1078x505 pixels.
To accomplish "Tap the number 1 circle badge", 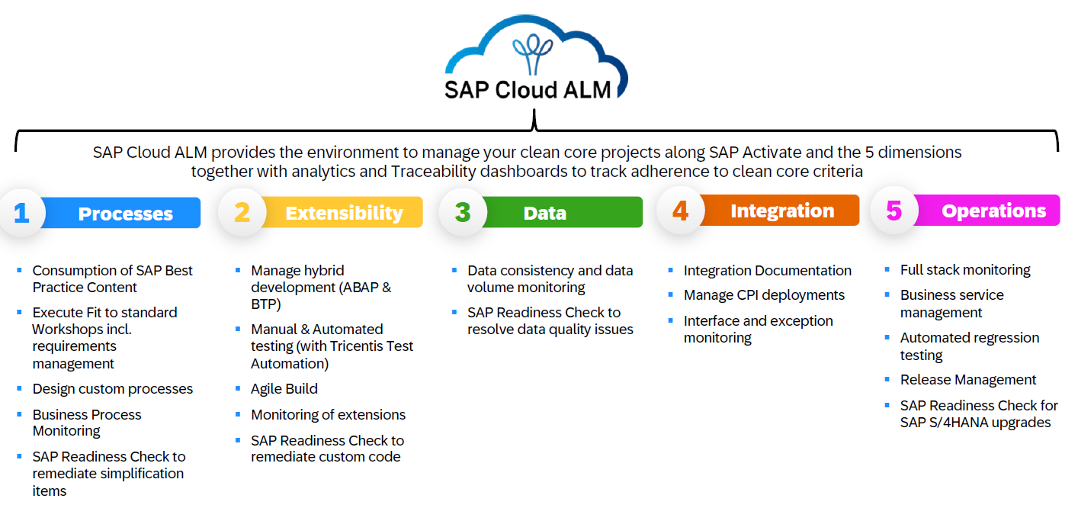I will click(22, 213).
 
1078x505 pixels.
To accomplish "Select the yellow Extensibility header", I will click(344, 213).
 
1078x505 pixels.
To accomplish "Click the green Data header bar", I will click(544, 213).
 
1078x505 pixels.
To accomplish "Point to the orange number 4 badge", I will click(680, 211).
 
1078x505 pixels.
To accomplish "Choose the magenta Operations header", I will click(993, 211).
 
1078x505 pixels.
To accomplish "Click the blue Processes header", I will click(126, 214).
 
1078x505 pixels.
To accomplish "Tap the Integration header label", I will click(782, 211).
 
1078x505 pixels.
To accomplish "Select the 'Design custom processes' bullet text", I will click(113, 389).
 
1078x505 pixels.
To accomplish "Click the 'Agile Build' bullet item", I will click(284, 389).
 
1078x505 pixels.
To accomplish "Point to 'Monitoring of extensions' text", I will click(328, 415).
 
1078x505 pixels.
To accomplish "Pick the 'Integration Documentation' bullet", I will click(767, 271).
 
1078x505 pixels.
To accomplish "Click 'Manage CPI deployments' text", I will click(764, 295).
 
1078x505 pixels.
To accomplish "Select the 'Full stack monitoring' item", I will click(965, 270).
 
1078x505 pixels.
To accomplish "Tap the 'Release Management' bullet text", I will click(968, 380).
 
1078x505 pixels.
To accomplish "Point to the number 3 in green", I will click(463, 212).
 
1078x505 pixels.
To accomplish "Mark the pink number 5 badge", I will click(894, 211).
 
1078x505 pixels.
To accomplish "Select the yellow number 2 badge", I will click(242, 212).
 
